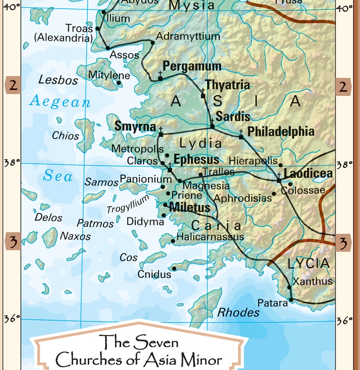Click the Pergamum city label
(x=192, y=66)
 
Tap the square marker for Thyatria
(x=203, y=96)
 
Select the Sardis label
(x=233, y=117)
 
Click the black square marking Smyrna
(x=161, y=134)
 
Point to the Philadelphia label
(x=281, y=131)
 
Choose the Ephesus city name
(x=196, y=159)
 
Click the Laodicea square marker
(x=279, y=181)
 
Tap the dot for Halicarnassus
(x=173, y=241)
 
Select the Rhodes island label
(x=238, y=313)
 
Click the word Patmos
(x=95, y=223)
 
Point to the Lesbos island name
(x=58, y=80)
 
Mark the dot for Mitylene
(x=119, y=83)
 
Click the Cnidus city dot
(x=174, y=269)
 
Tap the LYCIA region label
(x=308, y=264)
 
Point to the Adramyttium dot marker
(x=153, y=43)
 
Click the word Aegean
(x=60, y=102)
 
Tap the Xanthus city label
(x=312, y=281)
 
